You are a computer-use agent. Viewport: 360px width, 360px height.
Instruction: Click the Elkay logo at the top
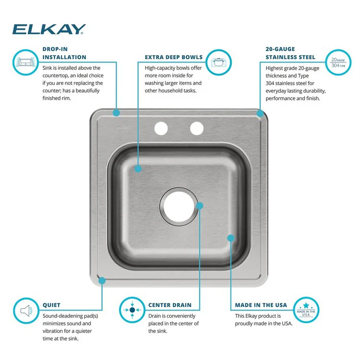(x=49, y=29)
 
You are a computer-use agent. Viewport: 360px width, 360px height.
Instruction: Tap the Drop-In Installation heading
(x=64, y=53)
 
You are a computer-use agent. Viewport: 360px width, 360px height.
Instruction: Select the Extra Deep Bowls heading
(x=174, y=57)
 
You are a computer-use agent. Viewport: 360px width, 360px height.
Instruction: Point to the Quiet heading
(x=51, y=305)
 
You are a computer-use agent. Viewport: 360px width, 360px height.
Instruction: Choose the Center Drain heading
(x=169, y=305)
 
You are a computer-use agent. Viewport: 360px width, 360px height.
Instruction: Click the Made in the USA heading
(x=261, y=305)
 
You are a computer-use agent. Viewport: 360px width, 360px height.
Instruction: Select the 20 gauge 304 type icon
(x=338, y=62)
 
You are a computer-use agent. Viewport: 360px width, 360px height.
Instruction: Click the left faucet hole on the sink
(x=161, y=128)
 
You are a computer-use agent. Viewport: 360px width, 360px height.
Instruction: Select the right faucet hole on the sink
(x=196, y=128)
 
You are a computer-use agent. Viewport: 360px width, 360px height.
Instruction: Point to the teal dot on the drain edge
(x=200, y=205)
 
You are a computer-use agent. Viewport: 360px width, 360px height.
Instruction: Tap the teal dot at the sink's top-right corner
(x=260, y=113)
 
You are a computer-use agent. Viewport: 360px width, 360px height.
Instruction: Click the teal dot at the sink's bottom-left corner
(x=102, y=280)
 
